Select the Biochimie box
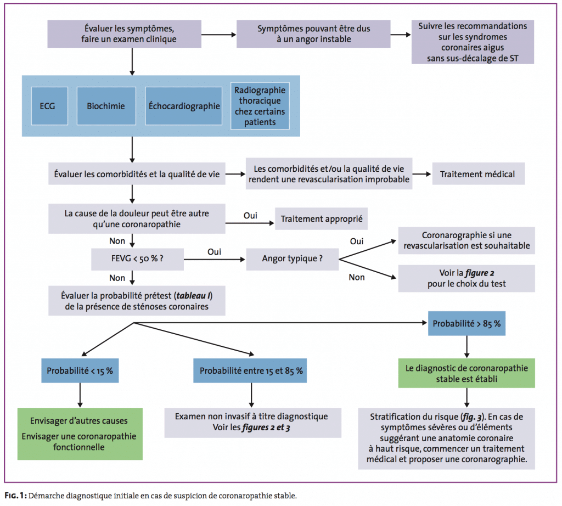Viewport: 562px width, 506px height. pyautogui.click(x=105, y=106)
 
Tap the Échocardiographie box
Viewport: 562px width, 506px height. pyautogui.click(x=184, y=106)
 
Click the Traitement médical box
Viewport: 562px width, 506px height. pyautogui.click(x=477, y=175)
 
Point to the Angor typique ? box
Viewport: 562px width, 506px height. pyautogui.click(x=292, y=258)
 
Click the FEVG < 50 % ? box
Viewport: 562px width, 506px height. pyautogui.click(x=137, y=258)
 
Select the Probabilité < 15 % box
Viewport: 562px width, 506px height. pyautogui.click(x=80, y=371)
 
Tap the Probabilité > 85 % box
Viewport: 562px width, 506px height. pyautogui.click(x=467, y=323)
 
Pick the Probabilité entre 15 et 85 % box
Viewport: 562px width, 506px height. pyautogui.click(x=251, y=371)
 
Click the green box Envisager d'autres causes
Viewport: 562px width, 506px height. pyautogui.click(x=80, y=434)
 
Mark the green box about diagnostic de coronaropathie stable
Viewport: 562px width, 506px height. pyautogui.click(x=467, y=373)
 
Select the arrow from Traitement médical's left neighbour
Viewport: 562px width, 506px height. pyautogui.click(x=421, y=175)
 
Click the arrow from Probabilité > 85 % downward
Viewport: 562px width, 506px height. pyautogui.click(x=467, y=346)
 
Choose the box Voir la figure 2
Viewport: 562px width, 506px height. pyautogui.click(x=467, y=278)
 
